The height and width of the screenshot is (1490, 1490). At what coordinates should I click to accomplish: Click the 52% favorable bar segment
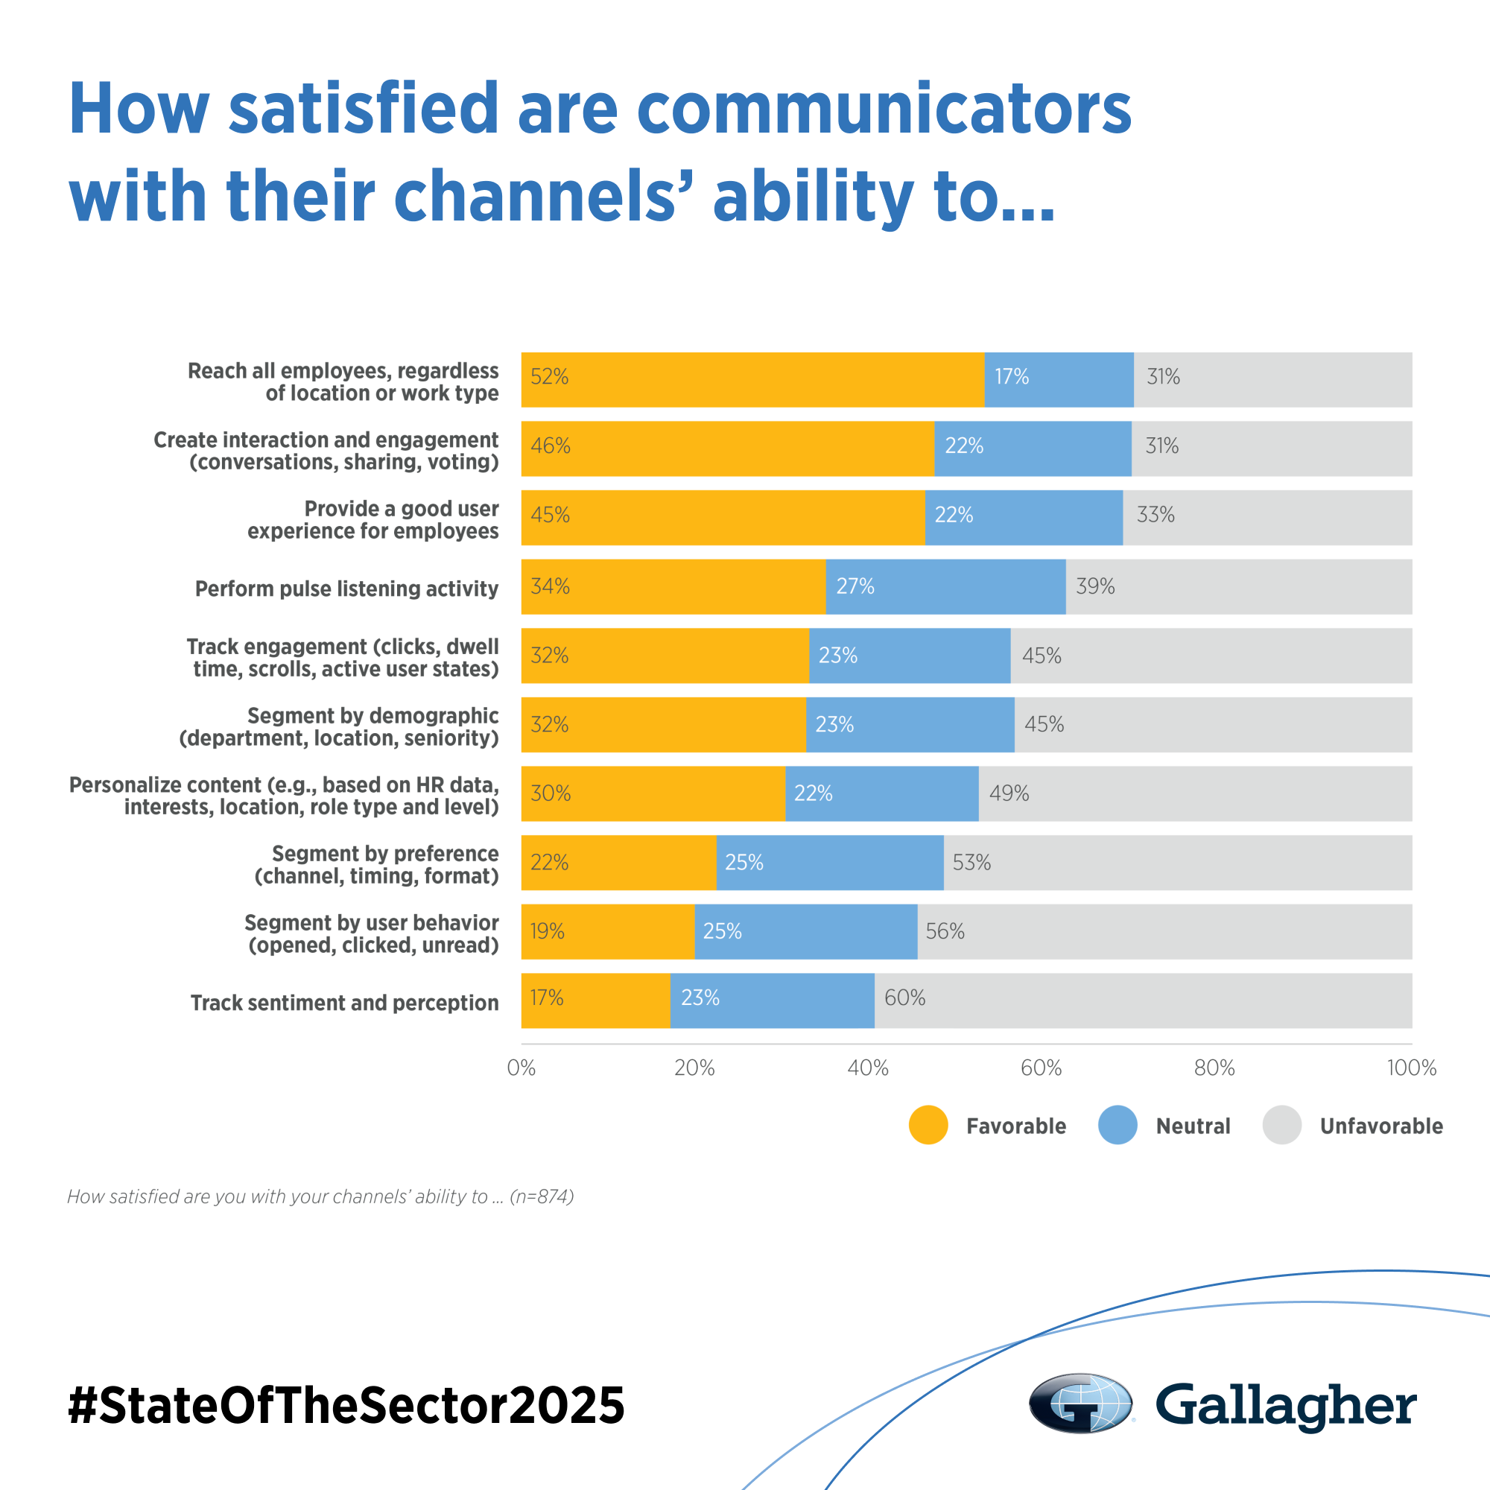click(752, 379)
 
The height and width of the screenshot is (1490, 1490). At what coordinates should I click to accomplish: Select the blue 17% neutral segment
click(1059, 379)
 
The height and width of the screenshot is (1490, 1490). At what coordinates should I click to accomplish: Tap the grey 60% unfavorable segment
click(1143, 1001)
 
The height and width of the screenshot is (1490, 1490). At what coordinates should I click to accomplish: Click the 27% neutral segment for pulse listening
click(945, 587)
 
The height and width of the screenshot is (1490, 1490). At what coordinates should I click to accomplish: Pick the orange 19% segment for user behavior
click(608, 932)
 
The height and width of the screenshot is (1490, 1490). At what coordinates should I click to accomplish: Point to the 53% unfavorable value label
click(971, 862)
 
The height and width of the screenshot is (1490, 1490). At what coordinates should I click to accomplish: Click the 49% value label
click(1009, 793)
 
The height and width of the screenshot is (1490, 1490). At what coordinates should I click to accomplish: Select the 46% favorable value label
click(550, 446)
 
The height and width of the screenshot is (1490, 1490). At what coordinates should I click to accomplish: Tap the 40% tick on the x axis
click(868, 1068)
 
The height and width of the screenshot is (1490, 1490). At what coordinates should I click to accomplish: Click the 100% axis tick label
click(1410, 1068)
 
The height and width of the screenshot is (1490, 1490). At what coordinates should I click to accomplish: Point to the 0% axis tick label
click(521, 1068)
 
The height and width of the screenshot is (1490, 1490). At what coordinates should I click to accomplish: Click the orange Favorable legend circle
click(928, 1125)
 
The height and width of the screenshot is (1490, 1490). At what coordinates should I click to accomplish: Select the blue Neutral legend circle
click(1117, 1125)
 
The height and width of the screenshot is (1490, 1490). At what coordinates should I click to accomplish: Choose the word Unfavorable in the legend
click(1380, 1126)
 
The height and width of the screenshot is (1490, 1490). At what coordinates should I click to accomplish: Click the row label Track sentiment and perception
click(344, 1003)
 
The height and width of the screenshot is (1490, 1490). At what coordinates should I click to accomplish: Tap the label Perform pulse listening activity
click(346, 589)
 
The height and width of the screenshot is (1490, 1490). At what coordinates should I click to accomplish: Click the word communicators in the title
click(883, 108)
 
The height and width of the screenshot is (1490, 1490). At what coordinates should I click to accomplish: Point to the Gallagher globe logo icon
click(1080, 1403)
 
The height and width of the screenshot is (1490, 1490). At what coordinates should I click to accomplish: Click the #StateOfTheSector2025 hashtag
click(346, 1404)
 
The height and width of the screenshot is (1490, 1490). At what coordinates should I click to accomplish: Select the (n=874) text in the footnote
click(542, 1196)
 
